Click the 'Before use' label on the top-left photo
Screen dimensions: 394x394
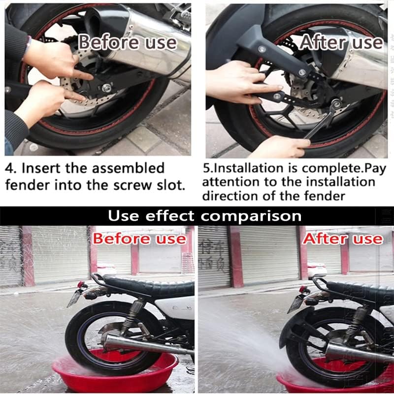click(x=127, y=42)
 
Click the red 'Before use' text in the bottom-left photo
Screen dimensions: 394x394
click(x=139, y=239)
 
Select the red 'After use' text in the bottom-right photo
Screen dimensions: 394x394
click(x=342, y=239)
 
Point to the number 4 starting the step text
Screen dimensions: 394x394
click(x=9, y=168)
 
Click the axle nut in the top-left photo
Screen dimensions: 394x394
click(x=106, y=88)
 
